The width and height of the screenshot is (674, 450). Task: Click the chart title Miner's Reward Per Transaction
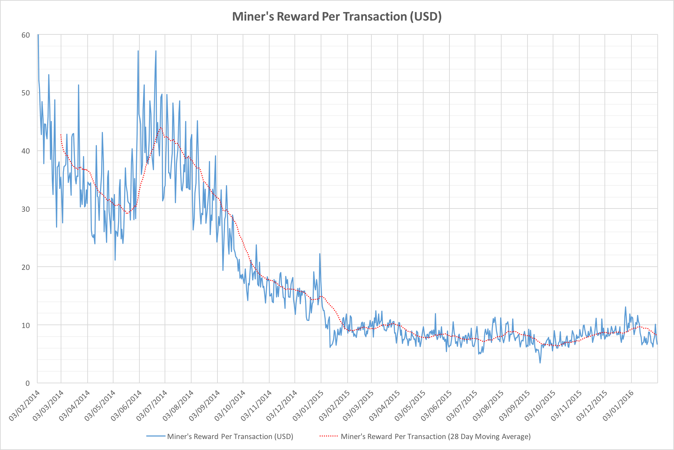coord(336,17)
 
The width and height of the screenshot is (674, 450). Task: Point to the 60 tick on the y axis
coord(26,35)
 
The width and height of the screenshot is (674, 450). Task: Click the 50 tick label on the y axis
coord(26,93)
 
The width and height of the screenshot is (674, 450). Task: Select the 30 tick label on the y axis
coord(26,209)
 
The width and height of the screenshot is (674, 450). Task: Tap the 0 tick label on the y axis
coord(27,383)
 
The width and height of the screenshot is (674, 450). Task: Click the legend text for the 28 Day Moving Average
coord(436,437)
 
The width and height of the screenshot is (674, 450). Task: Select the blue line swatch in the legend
coord(156,436)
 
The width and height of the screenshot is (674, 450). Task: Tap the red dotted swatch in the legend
coord(328,436)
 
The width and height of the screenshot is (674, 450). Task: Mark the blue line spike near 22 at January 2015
coord(320,254)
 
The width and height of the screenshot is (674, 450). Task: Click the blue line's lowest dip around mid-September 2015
coord(540,362)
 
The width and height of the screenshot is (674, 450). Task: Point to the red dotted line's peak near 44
coord(161,128)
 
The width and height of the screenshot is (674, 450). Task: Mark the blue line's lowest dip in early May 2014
coord(115,260)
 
